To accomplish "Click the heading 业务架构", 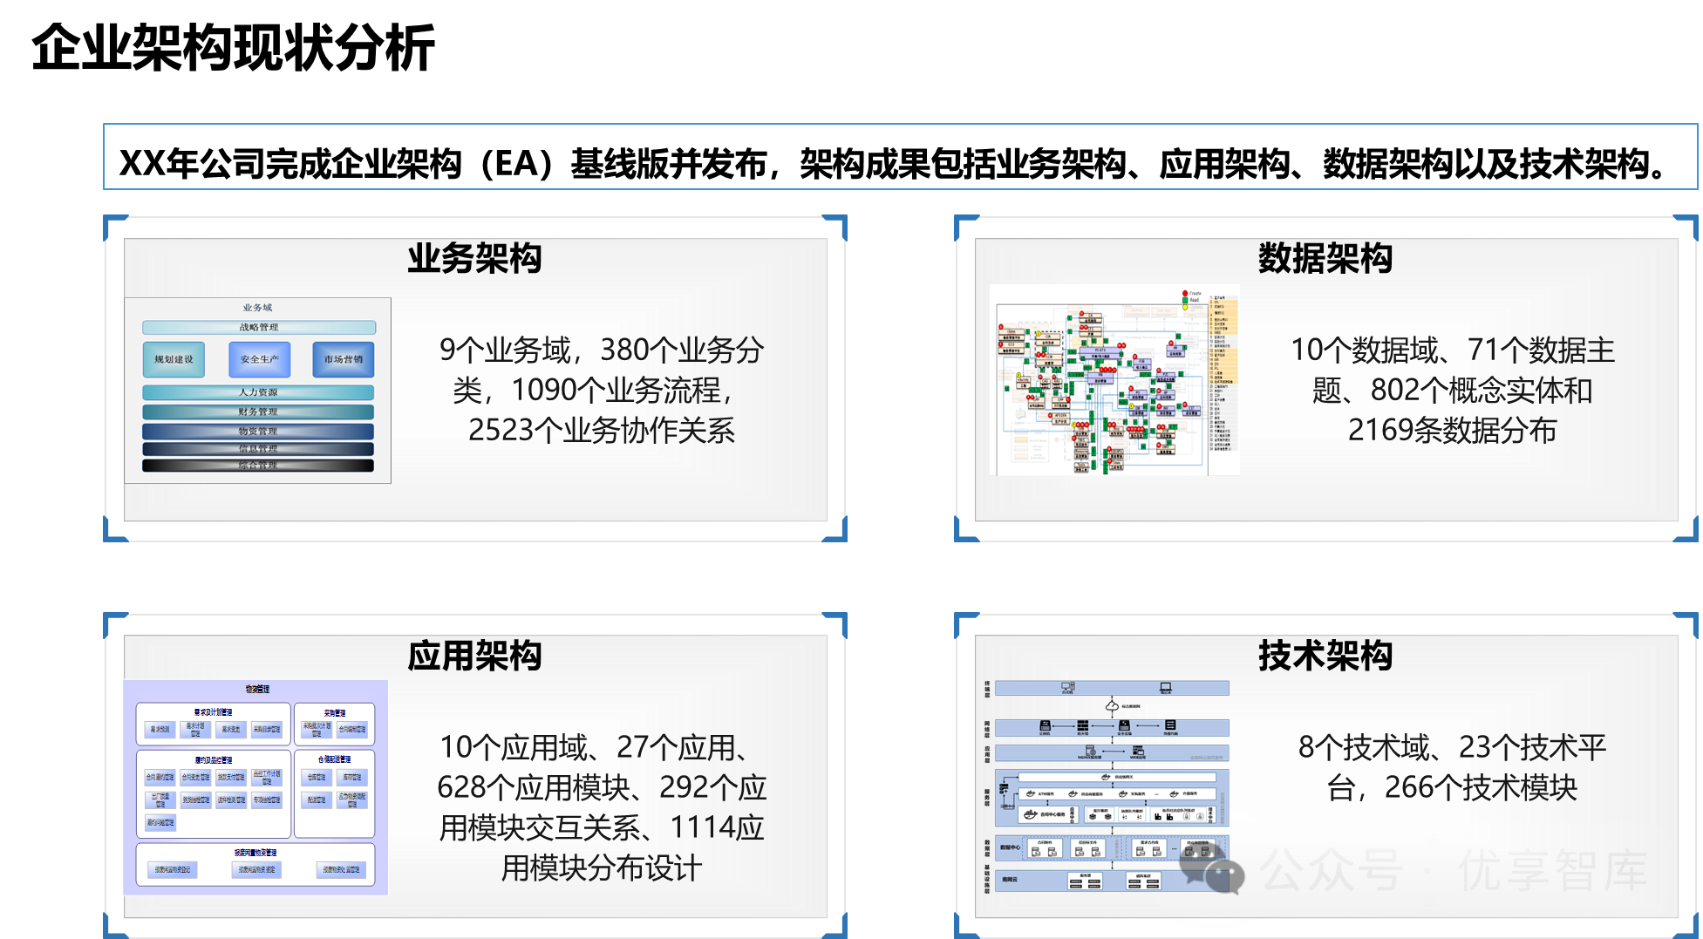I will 474,259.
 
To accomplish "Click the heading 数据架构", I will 1325,259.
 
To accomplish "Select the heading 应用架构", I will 474,656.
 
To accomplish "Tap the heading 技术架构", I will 1325,656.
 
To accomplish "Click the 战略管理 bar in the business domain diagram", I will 259,328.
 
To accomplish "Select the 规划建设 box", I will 174,359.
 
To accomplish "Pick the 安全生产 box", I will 259,359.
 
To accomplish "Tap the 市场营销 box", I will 343,359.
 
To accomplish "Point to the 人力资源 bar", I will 258,392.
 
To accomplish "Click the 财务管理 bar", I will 258,412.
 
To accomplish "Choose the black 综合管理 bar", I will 258,466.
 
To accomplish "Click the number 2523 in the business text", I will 500,431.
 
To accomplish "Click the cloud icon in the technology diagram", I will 1112,705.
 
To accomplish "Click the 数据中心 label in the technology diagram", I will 1010,847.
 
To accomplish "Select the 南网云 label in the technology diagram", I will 1009,879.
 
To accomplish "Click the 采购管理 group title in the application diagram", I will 335,713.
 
